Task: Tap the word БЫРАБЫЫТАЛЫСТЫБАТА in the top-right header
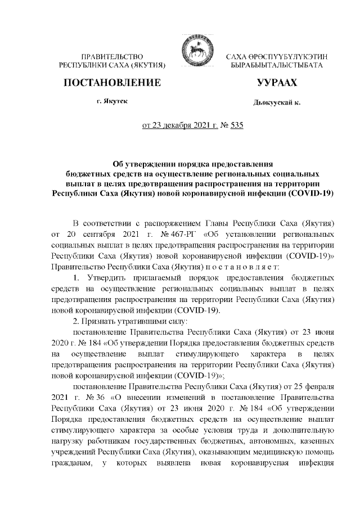tap(277, 66)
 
